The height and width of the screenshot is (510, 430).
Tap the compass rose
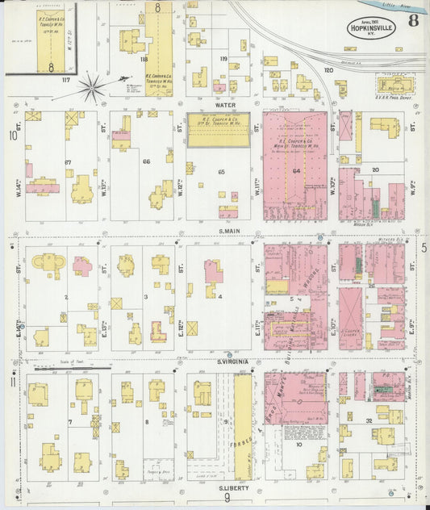pos(91,86)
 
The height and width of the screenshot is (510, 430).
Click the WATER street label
pos(225,104)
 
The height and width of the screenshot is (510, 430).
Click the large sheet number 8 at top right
pos(412,20)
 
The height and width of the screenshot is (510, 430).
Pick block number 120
pos(328,70)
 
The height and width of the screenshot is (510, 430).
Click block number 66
pos(146,162)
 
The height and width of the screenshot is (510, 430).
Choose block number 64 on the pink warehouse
pos(296,171)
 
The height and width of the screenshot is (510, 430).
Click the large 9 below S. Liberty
pos(227,499)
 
